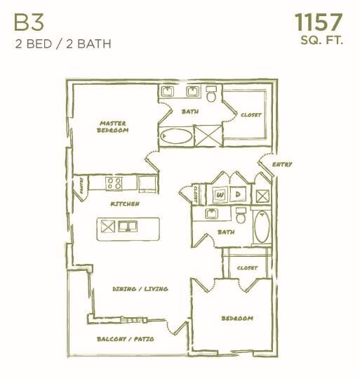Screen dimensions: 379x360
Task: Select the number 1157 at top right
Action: click(x=318, y=21)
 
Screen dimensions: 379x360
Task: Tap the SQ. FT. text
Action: click(x=321, y=41)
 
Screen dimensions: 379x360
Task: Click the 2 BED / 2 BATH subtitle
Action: click(x=62, y=44)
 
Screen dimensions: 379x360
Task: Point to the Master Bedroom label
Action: click(x=113, y=126)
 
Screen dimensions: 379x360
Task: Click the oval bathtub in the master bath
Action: click(x=175, y=135)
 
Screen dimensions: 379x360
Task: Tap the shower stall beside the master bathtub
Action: click(x=207, y=135)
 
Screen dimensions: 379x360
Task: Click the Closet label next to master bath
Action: click(x=251, y=115)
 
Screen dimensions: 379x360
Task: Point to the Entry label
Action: click(x=281, y=164)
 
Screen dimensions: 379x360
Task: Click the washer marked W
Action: click(x=220, y=194)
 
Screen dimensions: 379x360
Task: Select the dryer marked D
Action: click(x=239, y=194)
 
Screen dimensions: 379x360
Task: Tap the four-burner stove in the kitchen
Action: click(x=115, y=184)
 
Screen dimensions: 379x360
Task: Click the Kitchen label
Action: click(x=124, y=204)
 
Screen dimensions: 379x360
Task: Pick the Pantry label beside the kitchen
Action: click(x=81, y=186)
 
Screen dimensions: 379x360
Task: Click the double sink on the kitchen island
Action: click(x=128, y=226)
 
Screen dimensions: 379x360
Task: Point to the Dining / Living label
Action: click(x=140, y=288)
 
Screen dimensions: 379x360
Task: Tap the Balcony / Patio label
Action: click(x=125, y=338)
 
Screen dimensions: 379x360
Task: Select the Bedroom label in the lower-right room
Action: click(x=236, y=318)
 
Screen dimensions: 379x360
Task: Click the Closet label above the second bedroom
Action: click(x=247, y=267)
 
